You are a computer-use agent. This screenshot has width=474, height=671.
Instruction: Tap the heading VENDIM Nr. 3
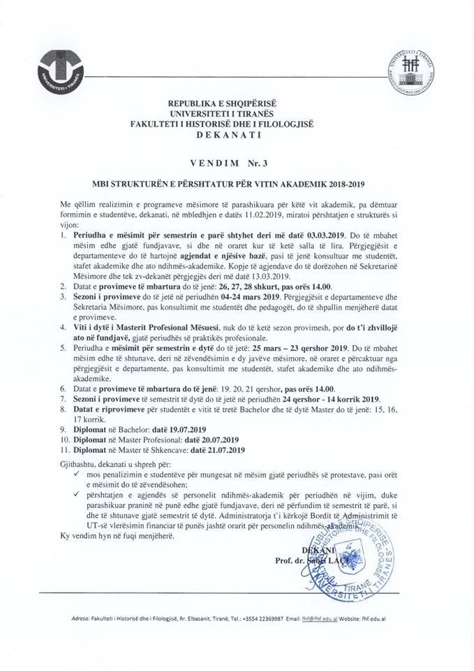pos(236,161)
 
